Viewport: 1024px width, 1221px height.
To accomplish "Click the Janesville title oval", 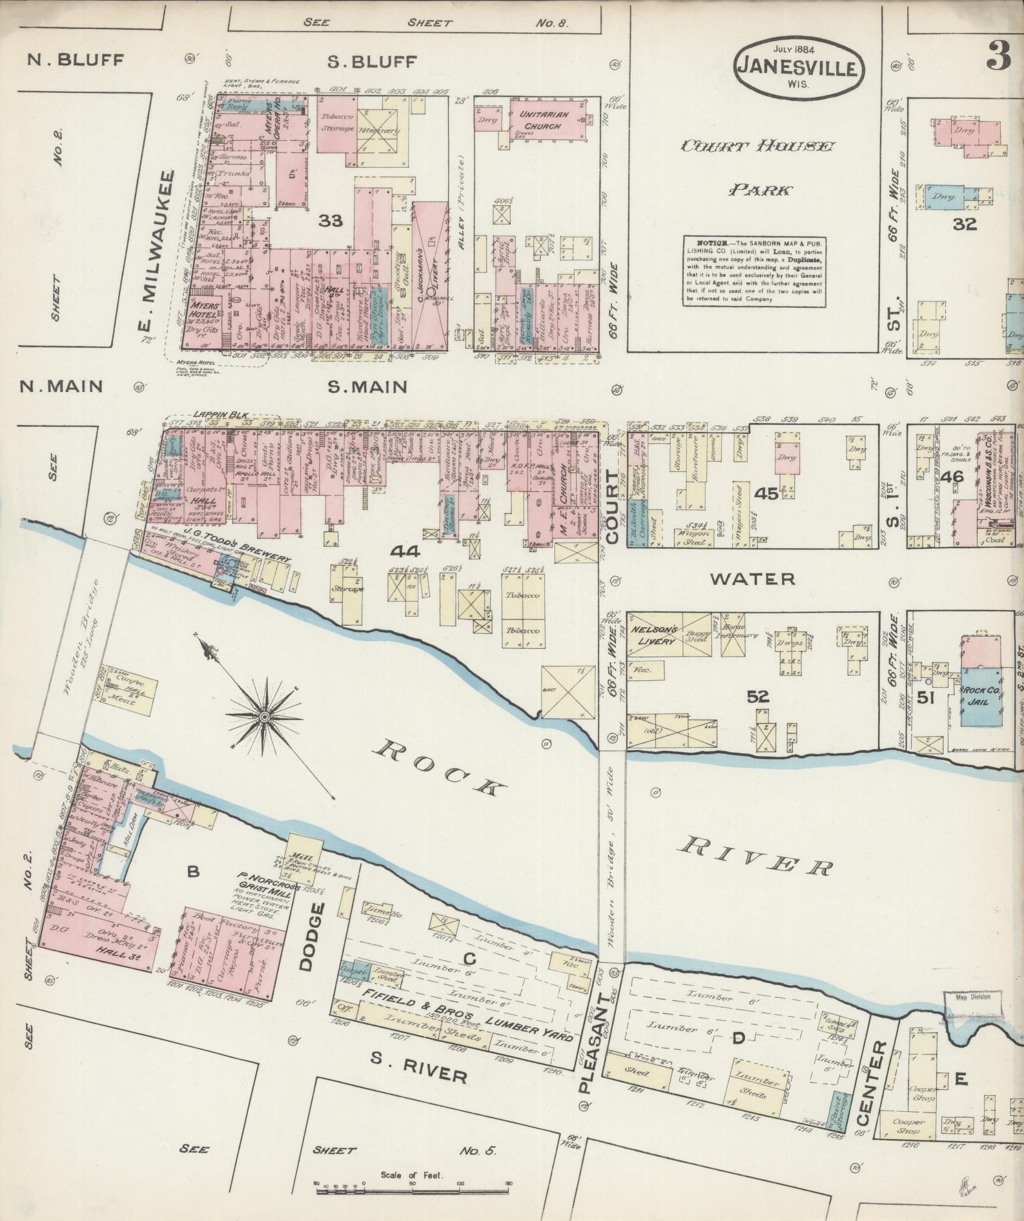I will [799, 67].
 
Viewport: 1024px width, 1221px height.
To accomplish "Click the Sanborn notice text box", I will [754, 271].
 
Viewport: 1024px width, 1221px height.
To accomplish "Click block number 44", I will [405, 551].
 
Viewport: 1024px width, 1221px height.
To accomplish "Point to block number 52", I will [759, 696].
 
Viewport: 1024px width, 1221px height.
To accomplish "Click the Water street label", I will [752, 579].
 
